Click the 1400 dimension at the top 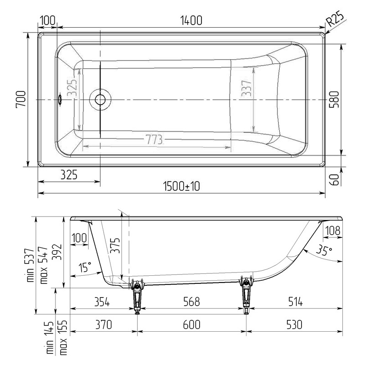(x=191, y=20)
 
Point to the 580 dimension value (x=335, y=99)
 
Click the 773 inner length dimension (x=154, y=140)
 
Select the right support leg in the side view (x=246, y=295)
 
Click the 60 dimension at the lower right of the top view (x=335, y=179)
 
